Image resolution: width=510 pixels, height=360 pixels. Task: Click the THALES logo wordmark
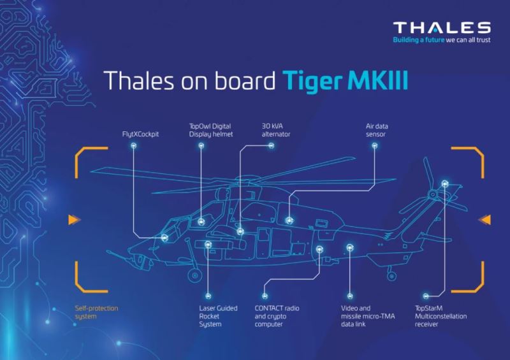442,27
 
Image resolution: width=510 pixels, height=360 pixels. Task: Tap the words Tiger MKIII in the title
345,81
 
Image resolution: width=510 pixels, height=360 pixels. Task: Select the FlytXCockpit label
140,134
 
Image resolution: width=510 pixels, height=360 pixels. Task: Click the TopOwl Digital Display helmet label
211,130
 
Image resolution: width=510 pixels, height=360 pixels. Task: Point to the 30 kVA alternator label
276,130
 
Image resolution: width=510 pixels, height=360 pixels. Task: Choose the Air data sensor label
377,130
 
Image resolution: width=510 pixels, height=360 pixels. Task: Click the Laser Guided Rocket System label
218,316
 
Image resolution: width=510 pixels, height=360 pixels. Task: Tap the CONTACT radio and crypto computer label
277,316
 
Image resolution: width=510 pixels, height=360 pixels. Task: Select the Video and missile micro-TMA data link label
368,316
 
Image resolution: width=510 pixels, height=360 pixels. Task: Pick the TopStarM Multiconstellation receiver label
441,316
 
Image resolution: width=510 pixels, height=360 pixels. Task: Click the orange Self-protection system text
97,312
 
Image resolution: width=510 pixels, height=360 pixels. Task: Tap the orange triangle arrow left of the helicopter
74,220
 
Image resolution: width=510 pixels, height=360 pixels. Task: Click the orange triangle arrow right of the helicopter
484,220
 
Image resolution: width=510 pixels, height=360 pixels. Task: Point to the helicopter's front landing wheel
195,275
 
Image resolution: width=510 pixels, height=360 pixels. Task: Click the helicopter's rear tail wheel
391,276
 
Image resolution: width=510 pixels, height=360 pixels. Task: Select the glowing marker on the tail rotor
445,184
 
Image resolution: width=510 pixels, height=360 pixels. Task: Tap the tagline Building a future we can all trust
442,40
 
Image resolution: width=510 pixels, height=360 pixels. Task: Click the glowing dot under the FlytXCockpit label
133,146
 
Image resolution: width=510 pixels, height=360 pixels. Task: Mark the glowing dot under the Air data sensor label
375,146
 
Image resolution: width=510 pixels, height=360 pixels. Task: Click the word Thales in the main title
138,81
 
